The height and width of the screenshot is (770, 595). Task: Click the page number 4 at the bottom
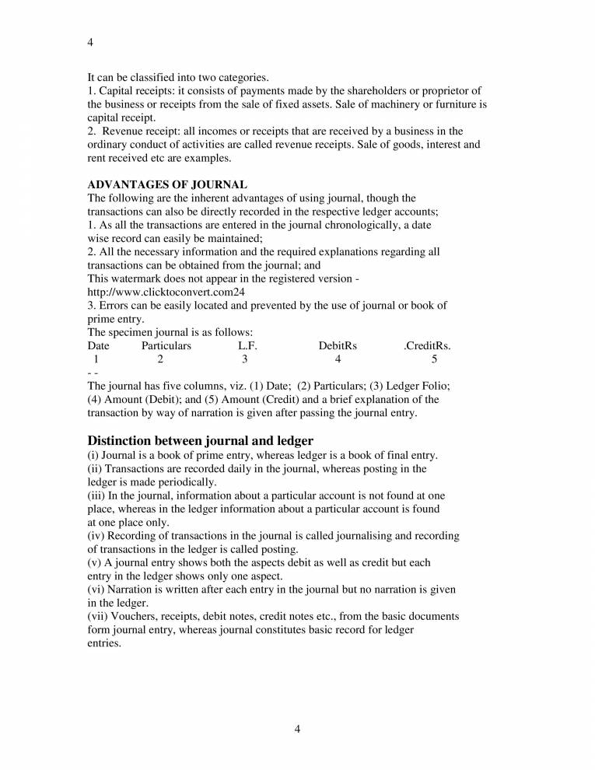[x=298, y=728]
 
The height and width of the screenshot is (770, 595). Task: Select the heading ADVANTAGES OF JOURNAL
[x=167, y=184]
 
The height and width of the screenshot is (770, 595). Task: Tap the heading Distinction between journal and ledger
[x=201, y=440]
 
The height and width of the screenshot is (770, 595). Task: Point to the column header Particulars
[x=166, y=345]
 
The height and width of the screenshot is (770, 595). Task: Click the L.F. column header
[x=247, y=345]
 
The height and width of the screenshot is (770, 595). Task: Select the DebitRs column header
[x=338, y=345]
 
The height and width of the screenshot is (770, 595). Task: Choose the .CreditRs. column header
[x=427, y=345]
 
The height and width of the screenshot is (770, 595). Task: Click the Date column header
[x=98, y=345]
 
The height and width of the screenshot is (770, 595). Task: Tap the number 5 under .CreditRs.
[x=434, y=359]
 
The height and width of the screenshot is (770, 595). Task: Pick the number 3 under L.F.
[x=244, y=359]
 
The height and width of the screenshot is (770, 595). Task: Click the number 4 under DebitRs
[x=338, y=359]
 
